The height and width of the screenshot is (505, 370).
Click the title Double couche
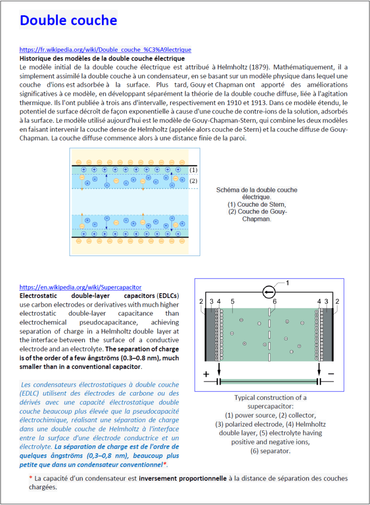coord(69,20)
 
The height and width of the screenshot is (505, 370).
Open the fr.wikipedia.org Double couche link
coord(105,50)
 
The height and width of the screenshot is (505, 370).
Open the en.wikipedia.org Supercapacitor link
coord(80,287)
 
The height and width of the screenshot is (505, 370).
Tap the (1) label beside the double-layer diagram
coord(193,170)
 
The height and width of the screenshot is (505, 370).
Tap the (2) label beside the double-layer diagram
coord(193,181)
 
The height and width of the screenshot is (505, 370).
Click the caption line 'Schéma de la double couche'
coord(257,190)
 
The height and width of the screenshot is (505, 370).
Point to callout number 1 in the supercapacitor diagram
coord(288,283)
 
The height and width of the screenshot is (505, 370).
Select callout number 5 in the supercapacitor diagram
coord(232,301)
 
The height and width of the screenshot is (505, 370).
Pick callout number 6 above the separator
coord(274,301)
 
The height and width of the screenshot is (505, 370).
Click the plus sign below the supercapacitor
coord(206,374)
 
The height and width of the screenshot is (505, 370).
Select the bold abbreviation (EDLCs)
coord(167,295)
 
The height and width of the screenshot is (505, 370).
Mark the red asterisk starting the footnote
coord(31,478)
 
